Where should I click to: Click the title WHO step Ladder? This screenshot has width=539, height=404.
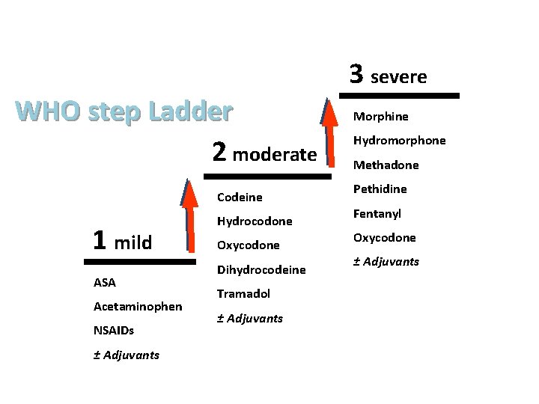(124, 111)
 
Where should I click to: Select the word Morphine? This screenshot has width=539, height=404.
(381, 117)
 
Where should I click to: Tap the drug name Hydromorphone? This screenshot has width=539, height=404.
(400, 141)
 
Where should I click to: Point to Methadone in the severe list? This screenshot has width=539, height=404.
(386, 165)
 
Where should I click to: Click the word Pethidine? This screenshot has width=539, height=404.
(380, 189)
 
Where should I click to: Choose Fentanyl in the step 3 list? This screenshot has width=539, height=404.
(377, 213)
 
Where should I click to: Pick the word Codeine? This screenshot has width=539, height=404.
(240, 198)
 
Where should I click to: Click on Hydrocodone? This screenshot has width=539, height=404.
(255, 221)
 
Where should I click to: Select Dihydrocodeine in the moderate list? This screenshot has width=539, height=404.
(261, 269)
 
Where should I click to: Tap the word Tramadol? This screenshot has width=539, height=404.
(243, 293)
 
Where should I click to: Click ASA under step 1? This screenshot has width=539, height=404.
(105, 282)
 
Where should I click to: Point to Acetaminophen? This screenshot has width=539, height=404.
(138, 306)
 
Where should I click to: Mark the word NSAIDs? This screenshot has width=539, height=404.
(114, 330)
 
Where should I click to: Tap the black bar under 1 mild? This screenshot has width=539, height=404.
(139, 262)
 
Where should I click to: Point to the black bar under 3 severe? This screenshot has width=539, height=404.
(399, 96)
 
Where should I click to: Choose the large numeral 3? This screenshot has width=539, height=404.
(356, 73)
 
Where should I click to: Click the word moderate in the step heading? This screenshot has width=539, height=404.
(275, 155)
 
